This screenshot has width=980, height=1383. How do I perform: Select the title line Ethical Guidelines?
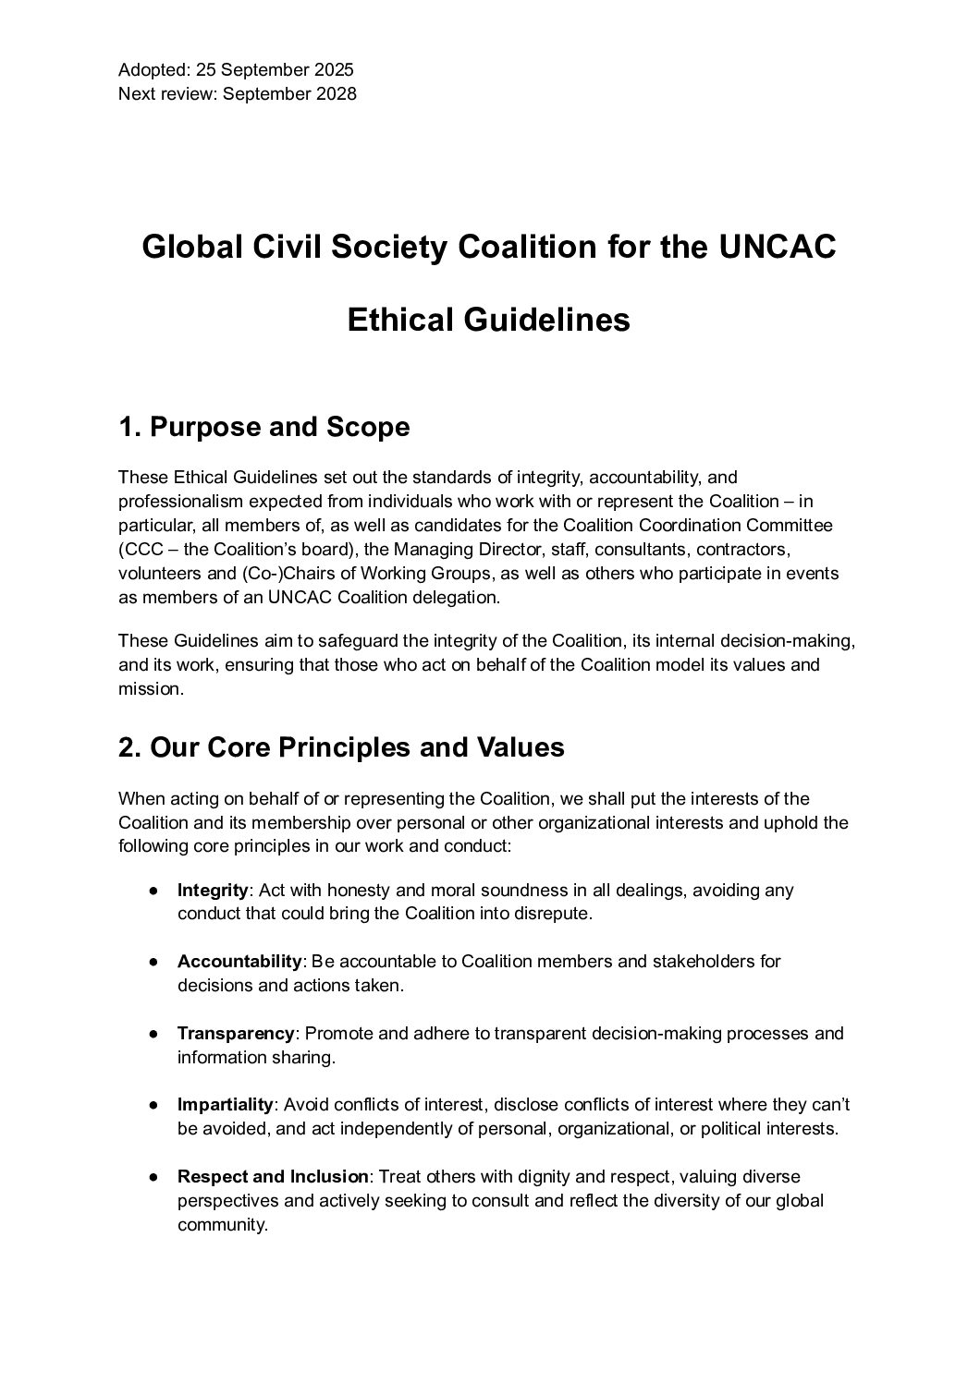pos(488,320)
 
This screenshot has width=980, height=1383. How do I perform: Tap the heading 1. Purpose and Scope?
pos(263,428)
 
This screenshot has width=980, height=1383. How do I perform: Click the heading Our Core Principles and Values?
pos(357,746)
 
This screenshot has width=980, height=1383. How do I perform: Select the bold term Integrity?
pos(213,891)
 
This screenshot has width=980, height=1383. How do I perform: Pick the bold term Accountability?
pos(239,962)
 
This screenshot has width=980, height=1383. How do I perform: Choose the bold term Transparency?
pos(236,1034)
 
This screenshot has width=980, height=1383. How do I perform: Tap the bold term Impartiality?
pos(226,1105)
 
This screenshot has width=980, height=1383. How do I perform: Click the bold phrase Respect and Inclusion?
pos(273,1177)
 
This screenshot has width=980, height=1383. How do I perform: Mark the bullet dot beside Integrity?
pos(153,892)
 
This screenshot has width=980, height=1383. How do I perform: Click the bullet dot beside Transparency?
pos(153,1034)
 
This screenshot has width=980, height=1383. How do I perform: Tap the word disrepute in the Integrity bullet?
pos(556,915)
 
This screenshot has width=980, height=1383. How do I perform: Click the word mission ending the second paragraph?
pos(146,689)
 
